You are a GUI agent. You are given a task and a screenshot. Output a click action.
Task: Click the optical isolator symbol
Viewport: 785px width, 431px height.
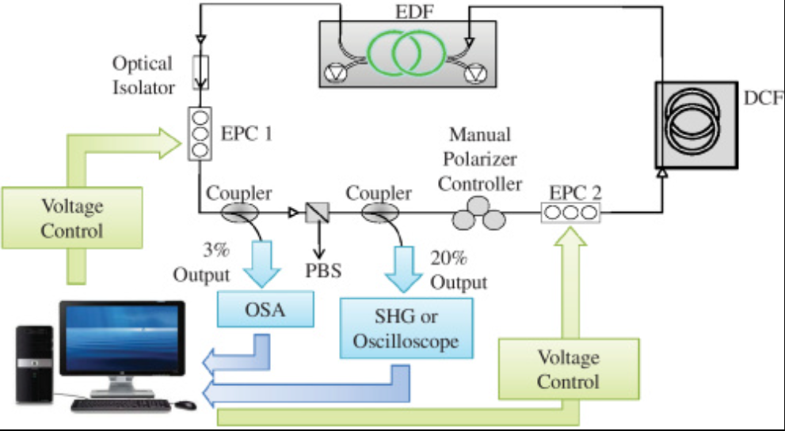[x=200, y=71]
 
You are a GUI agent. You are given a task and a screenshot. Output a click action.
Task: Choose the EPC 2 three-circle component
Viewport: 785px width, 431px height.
[x=570, y=211]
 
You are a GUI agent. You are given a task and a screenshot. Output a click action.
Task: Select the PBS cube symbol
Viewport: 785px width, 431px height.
[x=320, y=211]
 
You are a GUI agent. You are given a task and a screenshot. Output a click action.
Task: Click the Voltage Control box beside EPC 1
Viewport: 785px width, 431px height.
[x=72, y=218]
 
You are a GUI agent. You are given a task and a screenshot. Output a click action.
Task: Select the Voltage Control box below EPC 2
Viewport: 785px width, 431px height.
[x=567, y=369]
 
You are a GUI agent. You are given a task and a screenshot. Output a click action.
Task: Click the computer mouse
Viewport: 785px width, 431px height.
[x=185, y=405]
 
